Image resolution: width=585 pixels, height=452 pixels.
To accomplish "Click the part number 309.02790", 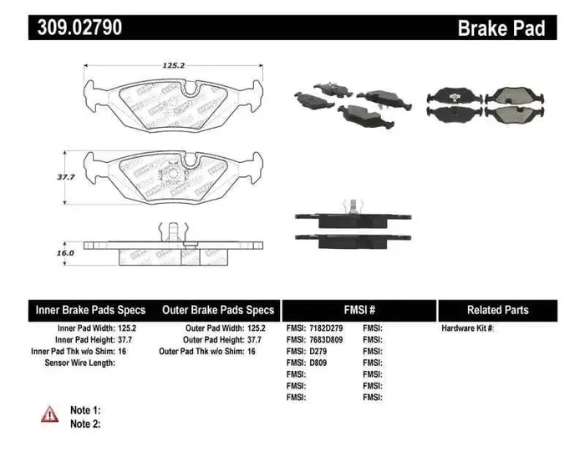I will click(79, 27).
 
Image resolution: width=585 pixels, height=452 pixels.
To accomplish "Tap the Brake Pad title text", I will click(501, 28).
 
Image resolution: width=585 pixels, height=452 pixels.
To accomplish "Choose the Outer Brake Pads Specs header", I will click(217, 310).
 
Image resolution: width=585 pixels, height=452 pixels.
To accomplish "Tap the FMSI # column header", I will click(359, 310).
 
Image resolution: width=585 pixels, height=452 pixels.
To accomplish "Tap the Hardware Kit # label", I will click(467, 328).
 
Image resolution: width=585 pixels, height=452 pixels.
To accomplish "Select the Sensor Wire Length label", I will click(79, 363).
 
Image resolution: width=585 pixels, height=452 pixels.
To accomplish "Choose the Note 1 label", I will click(85, 410).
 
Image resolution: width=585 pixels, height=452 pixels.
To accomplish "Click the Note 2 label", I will click(85, 424).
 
